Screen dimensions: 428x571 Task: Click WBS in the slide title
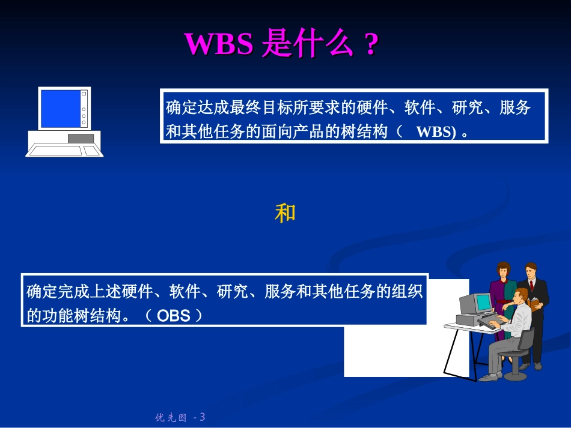pos(218,44)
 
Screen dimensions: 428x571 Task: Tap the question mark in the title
pos(371,44)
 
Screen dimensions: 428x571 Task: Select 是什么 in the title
pos(307,44)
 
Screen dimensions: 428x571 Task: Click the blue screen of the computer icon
pos(61,109)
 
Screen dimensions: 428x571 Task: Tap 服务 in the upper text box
pos(515,108)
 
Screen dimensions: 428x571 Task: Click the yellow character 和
pos(285,213)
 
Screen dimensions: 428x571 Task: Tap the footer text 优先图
pos(171,417)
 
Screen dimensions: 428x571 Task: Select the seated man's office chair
pos(524,348)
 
